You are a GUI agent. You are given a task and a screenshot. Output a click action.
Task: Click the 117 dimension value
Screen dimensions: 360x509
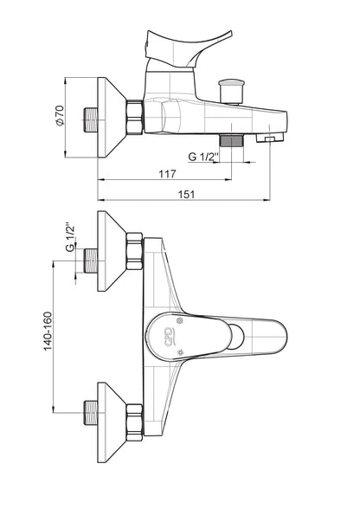[x=167, y=174]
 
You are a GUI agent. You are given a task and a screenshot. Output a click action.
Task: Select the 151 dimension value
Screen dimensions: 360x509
[x=187, y=195]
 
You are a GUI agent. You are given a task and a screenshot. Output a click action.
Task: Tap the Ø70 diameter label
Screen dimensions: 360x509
[x=61, y=116]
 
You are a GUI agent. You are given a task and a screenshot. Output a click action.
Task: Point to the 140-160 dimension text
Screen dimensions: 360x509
[x=48, y=331]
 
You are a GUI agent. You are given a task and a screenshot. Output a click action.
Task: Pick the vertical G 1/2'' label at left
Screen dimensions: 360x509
[x=70, y=237]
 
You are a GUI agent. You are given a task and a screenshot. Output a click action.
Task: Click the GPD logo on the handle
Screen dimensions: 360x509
[x=169, y=337]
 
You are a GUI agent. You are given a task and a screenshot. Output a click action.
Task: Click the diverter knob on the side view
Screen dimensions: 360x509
[x=232, y=91]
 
